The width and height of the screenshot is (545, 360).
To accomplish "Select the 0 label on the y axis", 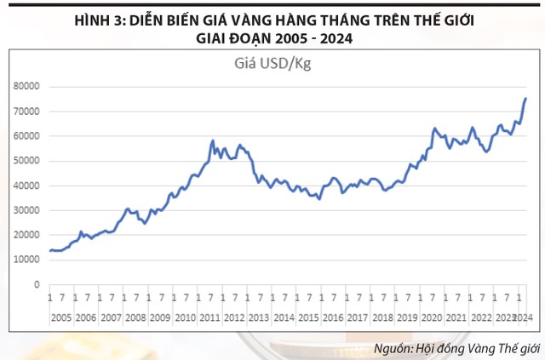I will tap(37, 285).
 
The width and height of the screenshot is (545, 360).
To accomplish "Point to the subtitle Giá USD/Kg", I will tap(272, 63).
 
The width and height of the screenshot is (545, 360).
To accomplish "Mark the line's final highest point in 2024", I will tap(525, 98).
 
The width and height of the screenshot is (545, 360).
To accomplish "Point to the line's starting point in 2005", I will tap(49, 250).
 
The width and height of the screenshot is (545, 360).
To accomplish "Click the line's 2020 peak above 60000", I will tap(434, 129).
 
